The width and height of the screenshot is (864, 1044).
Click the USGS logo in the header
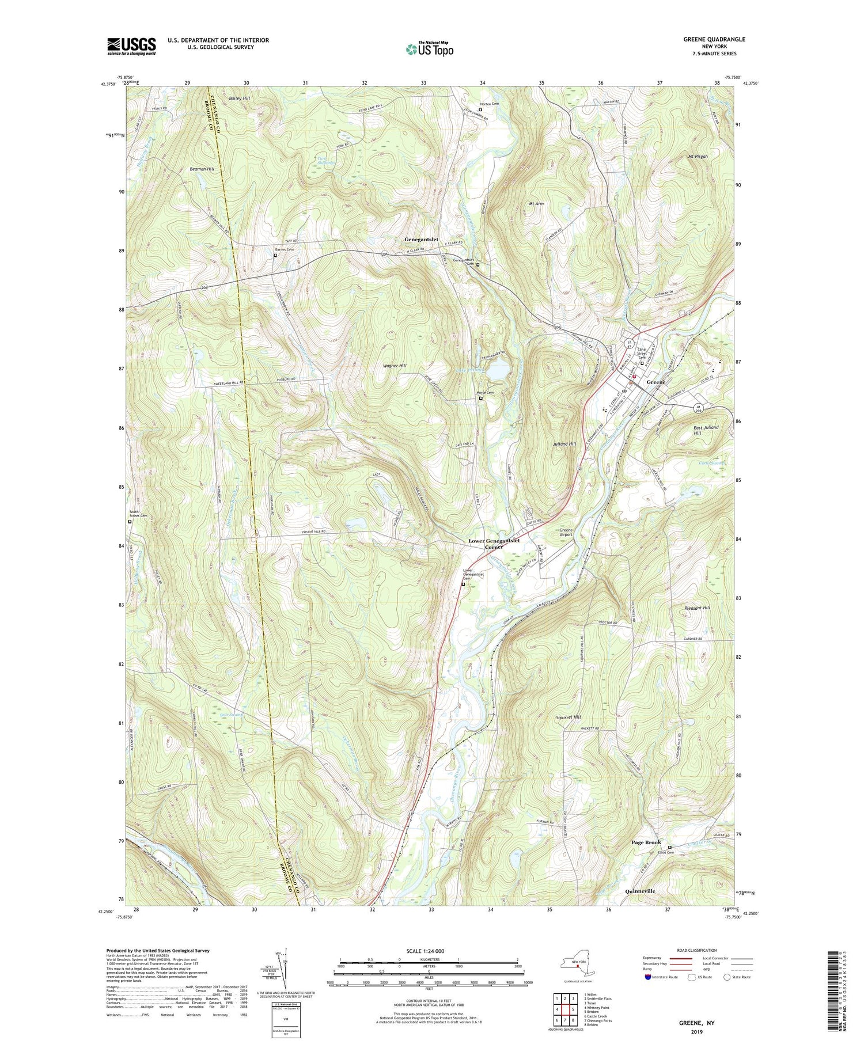[x=131, y=46]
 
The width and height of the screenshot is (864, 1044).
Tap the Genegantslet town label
[x=421, y=240]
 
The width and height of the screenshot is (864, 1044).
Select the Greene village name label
[x=656, y=382]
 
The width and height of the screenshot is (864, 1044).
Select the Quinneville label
[x=640, y=891]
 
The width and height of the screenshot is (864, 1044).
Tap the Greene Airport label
[x=566, y=532]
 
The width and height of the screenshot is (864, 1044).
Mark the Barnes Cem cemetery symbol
[x=275, y=256]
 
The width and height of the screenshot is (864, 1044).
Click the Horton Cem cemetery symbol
[x=480, y=110]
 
